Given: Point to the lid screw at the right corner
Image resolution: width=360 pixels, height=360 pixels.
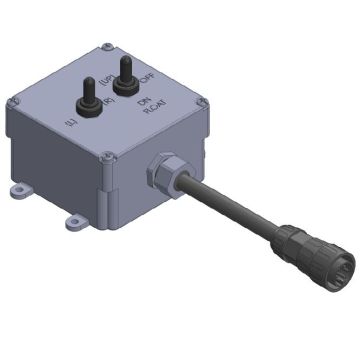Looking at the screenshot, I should coord(203,100).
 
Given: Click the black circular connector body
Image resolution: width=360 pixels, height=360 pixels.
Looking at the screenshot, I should coord(301,250).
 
